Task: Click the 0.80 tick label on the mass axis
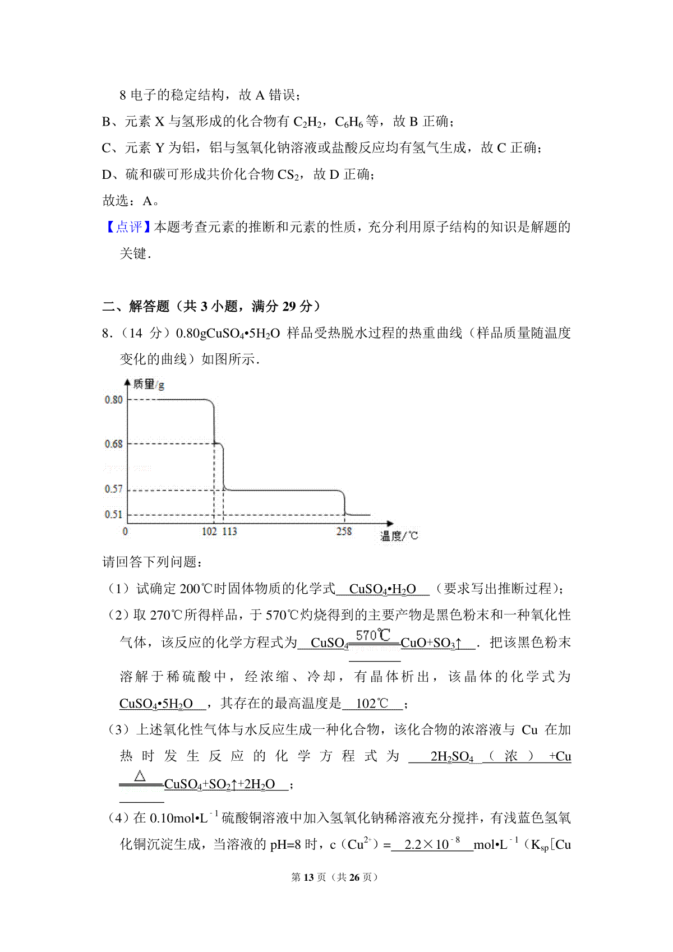point(113,400)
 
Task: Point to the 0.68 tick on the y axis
point(113,444)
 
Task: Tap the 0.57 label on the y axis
point(113,489)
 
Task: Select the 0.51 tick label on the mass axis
point(113,515)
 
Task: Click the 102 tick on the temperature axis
point(209,532)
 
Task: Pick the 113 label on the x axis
point(230,532)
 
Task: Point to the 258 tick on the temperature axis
point(344,532)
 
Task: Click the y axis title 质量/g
point(148,385)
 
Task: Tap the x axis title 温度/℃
point(399,537)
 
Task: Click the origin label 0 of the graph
point(125,532)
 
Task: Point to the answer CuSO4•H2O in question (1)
point(382,589)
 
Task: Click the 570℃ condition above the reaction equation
point(373,635)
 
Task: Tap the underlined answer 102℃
point(372,704)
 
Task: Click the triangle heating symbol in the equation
point(140,777)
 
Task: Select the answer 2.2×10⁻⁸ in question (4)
point(432,844)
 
